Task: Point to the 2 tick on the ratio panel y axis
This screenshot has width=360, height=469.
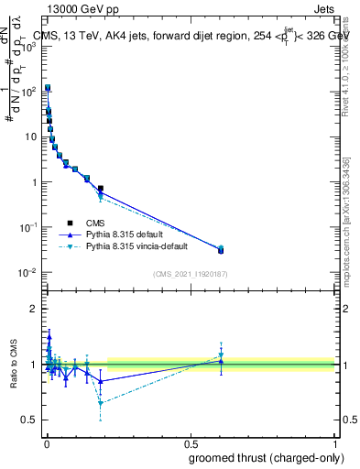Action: point(34,309)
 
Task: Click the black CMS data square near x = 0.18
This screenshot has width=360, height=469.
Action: point(100,189)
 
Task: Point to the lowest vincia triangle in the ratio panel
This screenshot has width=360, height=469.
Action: point(100,403)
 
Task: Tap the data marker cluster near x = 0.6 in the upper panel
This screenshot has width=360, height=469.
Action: point(221,249)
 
